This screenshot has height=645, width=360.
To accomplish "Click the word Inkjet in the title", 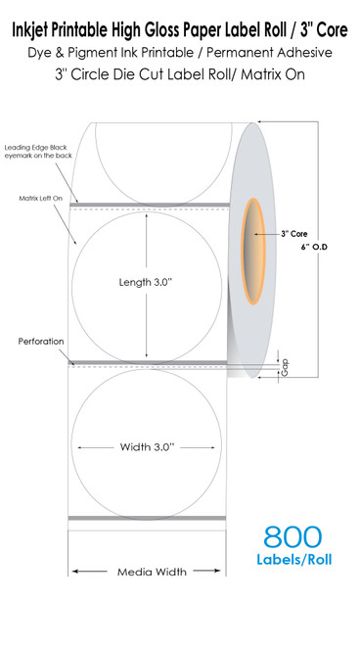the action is (29, 30).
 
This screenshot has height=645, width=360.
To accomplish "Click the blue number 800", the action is (292, 536).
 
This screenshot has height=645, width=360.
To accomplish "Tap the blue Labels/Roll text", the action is (294, 560).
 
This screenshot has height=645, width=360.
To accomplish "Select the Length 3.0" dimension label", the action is (146, 283).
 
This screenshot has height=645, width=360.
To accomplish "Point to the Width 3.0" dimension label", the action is (147, 447).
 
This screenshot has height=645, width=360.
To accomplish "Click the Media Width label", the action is (152, 572).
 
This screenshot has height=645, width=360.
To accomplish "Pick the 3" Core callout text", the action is (294, 234).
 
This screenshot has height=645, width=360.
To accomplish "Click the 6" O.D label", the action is (314, 248).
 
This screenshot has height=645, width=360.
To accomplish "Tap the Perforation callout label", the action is (41, 342).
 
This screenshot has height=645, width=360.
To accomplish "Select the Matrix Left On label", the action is (41, 199).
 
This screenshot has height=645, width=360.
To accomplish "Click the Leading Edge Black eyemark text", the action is (38, 152).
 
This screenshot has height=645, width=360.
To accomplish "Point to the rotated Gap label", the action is (285, 367).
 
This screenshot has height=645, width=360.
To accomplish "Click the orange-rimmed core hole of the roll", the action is (253, 252).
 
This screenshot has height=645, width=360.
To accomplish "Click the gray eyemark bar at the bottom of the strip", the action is (147, 518).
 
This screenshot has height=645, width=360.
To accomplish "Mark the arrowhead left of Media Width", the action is (74, 571).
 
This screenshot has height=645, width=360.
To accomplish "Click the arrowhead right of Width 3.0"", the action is (213, 447).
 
